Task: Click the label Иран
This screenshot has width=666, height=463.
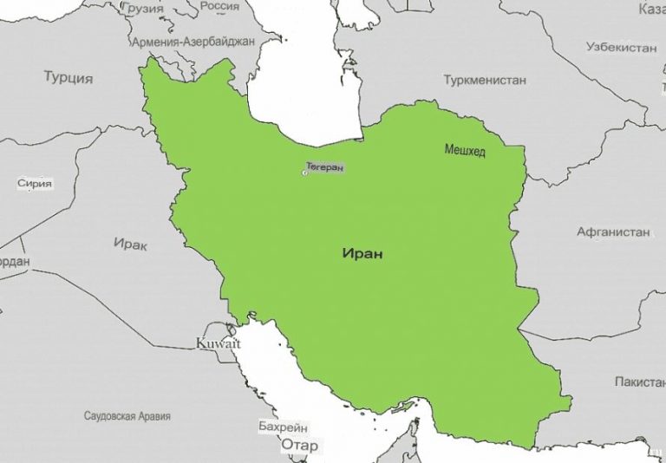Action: (x=362, y=255)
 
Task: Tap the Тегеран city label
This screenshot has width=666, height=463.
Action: (x=325, y=166)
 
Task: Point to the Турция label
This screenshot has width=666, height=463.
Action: (x=68, y=77)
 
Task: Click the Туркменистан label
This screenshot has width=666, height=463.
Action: (x=485, y=80)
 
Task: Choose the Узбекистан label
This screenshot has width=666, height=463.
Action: (x=621, y=47)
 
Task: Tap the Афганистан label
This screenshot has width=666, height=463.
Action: (x=613, y=231)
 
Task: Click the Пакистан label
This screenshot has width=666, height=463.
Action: (x=639, y=381)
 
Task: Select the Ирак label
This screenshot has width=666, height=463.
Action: (x=130, y=245)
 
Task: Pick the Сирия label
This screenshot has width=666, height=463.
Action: (x=35, y=184)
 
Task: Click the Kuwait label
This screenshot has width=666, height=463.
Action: (x=218, y=344)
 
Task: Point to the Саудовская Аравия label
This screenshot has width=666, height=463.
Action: (x=127, y=416)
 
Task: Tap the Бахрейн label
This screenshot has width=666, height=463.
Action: (x=282, y=427)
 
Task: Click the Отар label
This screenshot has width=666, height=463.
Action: (x=299, y=446)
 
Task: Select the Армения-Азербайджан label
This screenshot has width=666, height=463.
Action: (x=193, y=41)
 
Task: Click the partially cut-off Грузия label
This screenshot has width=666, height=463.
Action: (x=144, y=7)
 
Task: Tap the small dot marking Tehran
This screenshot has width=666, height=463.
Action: (x=304, y=173)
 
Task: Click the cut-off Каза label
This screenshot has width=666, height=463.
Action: (x=651, y=9)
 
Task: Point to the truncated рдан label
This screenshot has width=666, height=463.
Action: (x=14, y=262)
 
